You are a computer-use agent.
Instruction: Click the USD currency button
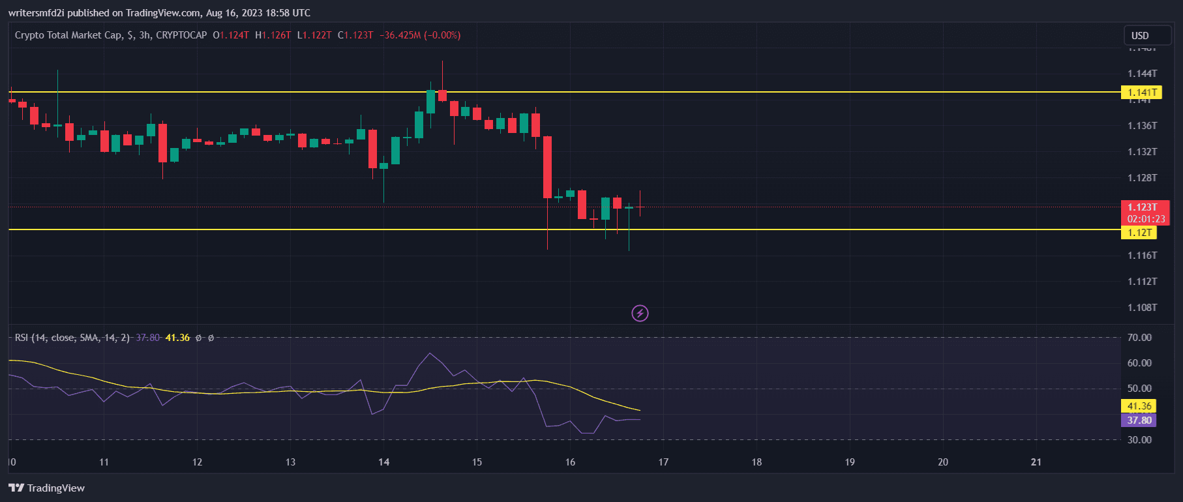pos(1140,36)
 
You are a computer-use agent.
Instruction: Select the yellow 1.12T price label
pos(1139,233)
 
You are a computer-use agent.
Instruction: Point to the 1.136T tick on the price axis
pos(1142,126)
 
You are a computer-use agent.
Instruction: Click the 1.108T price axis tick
pos(1142,308)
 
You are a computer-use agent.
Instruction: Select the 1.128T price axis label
pos(1142,178)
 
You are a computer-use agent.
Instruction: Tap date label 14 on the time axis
pos(383,462)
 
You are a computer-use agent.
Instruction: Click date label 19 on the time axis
pos(850,462)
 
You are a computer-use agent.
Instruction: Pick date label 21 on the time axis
pos(1036,462)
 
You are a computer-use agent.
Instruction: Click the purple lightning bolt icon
pos(640,314)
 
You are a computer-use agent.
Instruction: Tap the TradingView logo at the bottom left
pos(46,488)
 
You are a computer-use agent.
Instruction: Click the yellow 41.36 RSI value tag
pos(1139,406)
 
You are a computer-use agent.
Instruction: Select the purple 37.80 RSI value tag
pos(1139,421)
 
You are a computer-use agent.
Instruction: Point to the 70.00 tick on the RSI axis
pos(1139,338)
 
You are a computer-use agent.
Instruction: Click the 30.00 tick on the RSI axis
pos(1139,440)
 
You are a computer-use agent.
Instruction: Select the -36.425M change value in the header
pos(400,35)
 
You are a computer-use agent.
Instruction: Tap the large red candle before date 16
pos(547,167)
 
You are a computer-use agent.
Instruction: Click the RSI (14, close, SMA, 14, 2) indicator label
pos(72,338)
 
